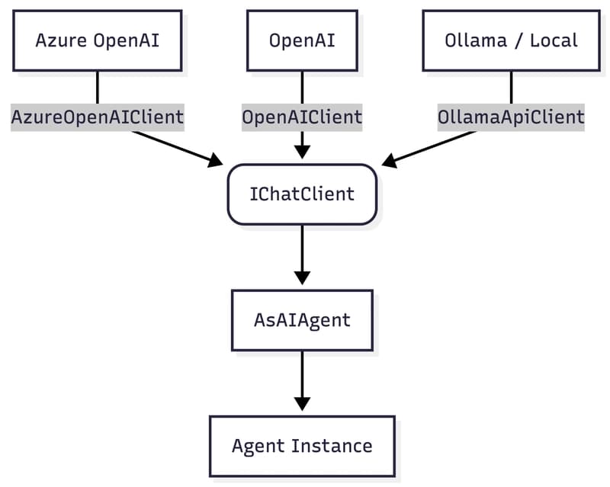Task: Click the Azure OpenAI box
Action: click(x=97, y=40)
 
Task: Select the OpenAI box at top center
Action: click(x=302, y=40)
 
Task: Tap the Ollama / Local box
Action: click(x=511, y=40)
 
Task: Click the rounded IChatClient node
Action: click(x=302, y=194)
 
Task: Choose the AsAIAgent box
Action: click(x=302, y=320)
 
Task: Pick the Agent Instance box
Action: click(x=302, y=446)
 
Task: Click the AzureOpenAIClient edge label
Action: click(x=97, y=117)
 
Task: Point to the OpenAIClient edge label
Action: click(x=302, y=117)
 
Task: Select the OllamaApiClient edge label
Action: click(x=511, y=117)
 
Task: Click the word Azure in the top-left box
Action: click(x=61, y=40)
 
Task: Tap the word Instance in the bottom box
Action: click(x=335, y=446)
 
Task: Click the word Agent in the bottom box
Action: click(x=258, y=446)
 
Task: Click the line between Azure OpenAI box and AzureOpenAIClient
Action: click(x=97, y=87)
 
